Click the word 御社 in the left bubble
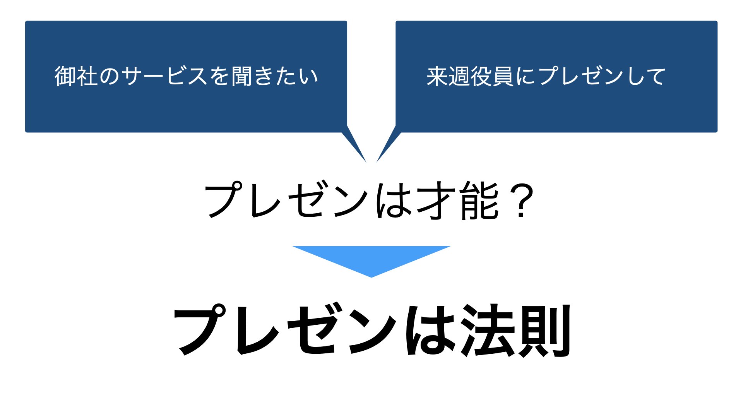76,76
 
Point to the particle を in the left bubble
220,76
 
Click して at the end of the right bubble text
645,76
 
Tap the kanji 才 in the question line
435,200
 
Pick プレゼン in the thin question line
287,200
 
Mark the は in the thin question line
394,200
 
